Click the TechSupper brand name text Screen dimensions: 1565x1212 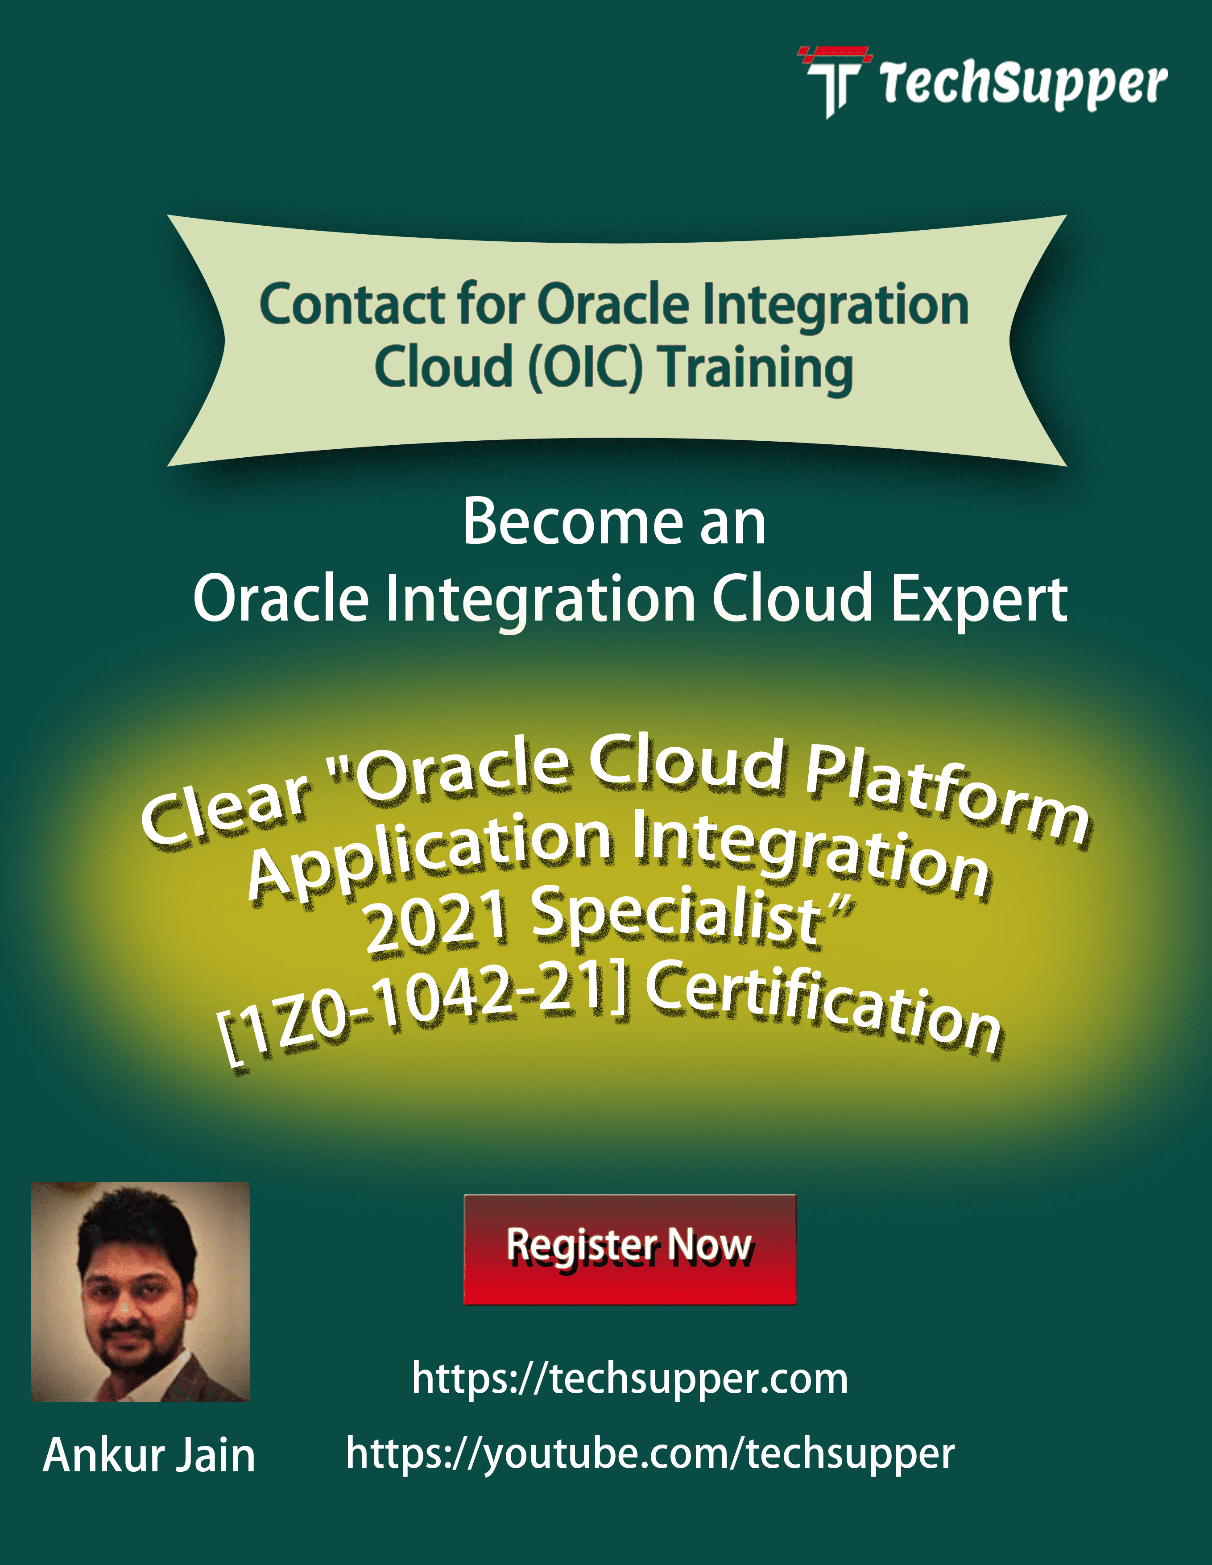coord(1023,84)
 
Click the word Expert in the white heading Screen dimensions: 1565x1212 coord(979,599)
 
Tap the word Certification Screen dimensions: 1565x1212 coord(824,1009)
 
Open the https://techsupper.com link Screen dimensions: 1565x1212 coord(629,1378)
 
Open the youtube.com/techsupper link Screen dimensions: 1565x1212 coord(649,1453)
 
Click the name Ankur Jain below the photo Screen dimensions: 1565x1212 coord(149,1455)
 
